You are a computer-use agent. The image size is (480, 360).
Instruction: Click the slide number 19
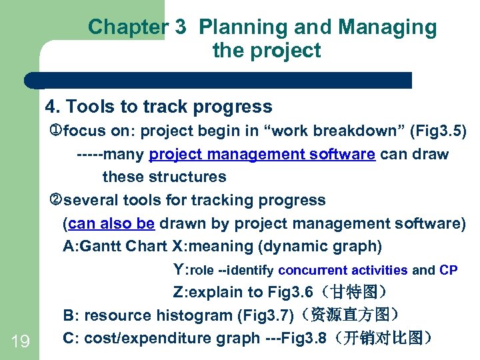click(20, 342)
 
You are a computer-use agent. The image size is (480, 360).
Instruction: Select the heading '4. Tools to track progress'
click(159, 107)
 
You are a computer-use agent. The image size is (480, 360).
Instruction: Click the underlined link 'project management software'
click(262, 155)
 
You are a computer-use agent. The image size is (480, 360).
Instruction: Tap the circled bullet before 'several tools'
click(56, 200)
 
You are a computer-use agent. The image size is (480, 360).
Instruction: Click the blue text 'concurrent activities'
click(343, 270)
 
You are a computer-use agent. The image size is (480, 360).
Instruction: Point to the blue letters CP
click(449, 270)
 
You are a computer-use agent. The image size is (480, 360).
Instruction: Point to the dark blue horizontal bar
click(220, 81)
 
